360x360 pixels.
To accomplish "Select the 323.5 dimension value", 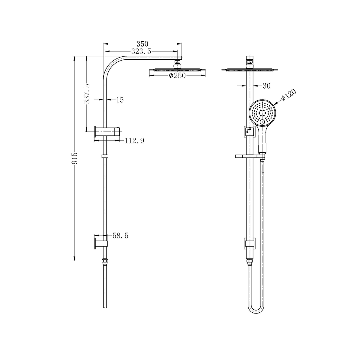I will [x=141, y=52].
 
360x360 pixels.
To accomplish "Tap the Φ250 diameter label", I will [x=177, y=76].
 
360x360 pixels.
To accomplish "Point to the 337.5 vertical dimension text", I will [x=87, y=94].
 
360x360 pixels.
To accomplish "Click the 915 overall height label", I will [x=75, y=158].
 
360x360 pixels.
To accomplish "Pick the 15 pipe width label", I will [x=120, y=100].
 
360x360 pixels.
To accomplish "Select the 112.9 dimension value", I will [x=134, y=140].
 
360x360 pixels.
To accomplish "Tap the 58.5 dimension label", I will [x=120, y=236].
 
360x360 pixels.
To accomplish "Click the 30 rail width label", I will [x=266, y=86].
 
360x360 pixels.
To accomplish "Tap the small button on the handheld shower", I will [x=263, y=122].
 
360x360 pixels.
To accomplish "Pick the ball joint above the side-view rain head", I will [x=178, y=64].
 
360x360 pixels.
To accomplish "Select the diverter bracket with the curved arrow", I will [x=249, y=131].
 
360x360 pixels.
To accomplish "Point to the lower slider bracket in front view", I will [x=250, y=242].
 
